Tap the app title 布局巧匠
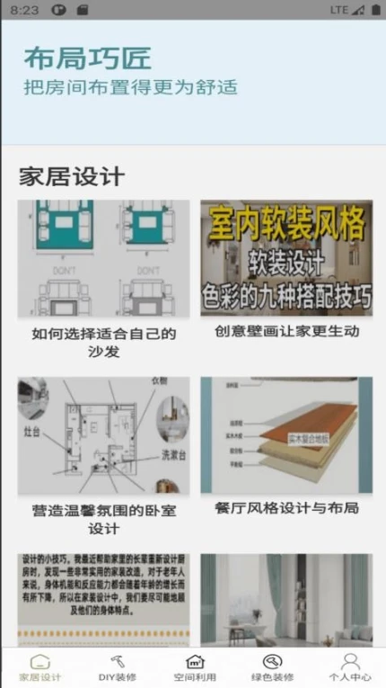pyautogui.click(x=87, y=58)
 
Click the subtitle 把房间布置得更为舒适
pyautogui.click(x=130, y=87)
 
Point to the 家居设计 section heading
pyautogui.click(x=72, y=175)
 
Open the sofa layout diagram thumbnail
pyautogui.click(x=103, y=258)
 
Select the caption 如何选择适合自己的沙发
pyautogui.click(x=103, y=343)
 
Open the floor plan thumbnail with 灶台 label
pyautogui.click(x=103, y=435)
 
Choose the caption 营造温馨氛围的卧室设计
pyautogui.click(x=103, y=519)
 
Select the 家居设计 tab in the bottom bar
pyautogui.click(x=40, y=667)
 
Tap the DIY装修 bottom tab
pyautogui.click(x=118, y=667)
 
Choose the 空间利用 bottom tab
pyautogui.click(x=195, y=667)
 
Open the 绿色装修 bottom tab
pyautogui.click(x=272, y=667)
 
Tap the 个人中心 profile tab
pyautogui.click(x=349, y=667)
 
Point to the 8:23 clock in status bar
pyautogui.click(x=26, y=10)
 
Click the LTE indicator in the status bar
pyautogui.click(x=338, y=10)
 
